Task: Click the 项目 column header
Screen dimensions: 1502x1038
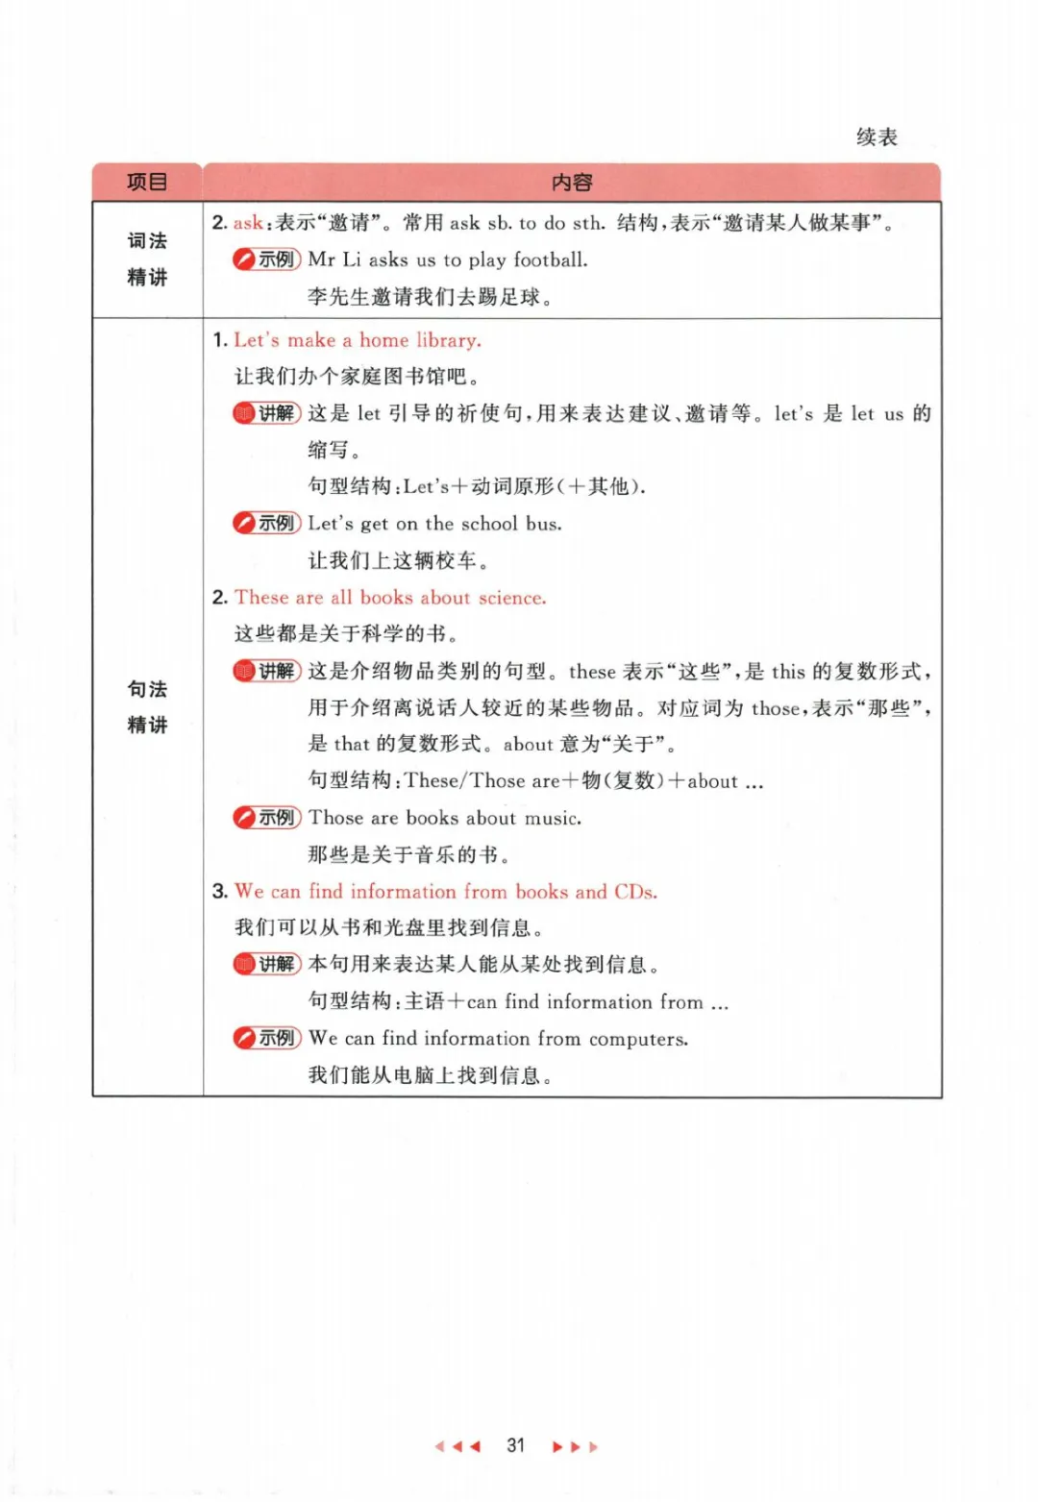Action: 147,182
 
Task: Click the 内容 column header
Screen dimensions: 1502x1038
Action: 572,182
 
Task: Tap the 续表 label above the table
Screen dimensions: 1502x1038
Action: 877,137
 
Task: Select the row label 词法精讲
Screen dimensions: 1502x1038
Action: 147,259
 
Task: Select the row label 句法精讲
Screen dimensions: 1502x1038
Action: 147,706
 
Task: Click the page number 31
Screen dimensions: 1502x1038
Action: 516,1445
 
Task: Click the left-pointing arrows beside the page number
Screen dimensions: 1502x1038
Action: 457,1446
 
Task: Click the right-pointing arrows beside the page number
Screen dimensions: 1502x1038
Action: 575,1446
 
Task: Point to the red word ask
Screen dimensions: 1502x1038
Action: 247,223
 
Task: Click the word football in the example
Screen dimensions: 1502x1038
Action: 550,259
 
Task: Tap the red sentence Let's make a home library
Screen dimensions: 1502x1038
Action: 358,340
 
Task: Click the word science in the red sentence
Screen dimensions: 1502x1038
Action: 511,598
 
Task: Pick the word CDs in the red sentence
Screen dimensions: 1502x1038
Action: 634,892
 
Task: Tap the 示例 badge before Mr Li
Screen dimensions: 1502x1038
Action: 266,259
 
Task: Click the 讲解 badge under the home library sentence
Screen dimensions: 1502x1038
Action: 266,413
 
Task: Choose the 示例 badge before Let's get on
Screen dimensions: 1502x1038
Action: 266,524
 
